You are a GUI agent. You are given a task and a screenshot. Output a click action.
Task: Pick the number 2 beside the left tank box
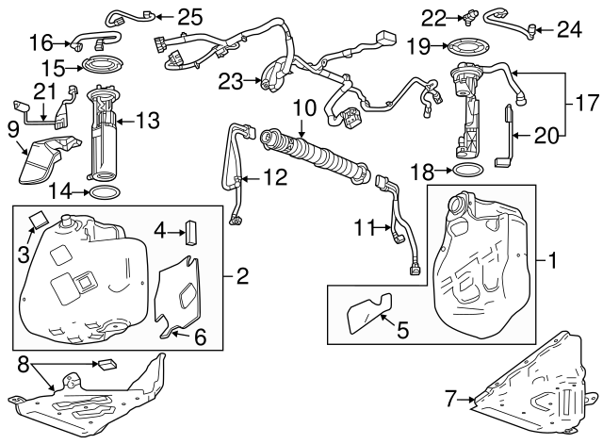(242, 276)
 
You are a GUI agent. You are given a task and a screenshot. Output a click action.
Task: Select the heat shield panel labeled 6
(182, 292)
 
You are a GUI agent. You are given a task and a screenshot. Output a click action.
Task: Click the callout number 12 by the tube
(274, 174)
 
